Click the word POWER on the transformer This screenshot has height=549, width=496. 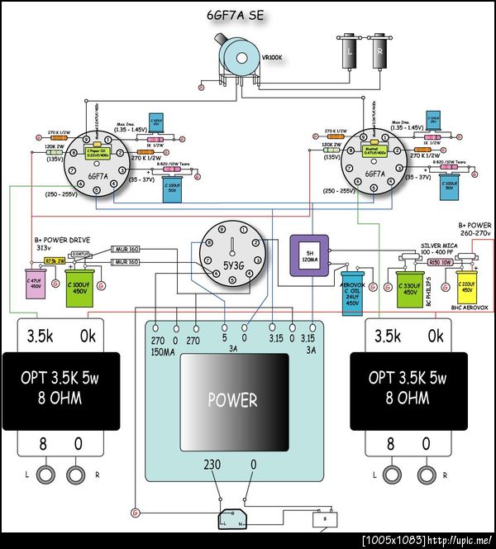coord(233,400)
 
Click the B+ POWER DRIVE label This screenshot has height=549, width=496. coord(63,241)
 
